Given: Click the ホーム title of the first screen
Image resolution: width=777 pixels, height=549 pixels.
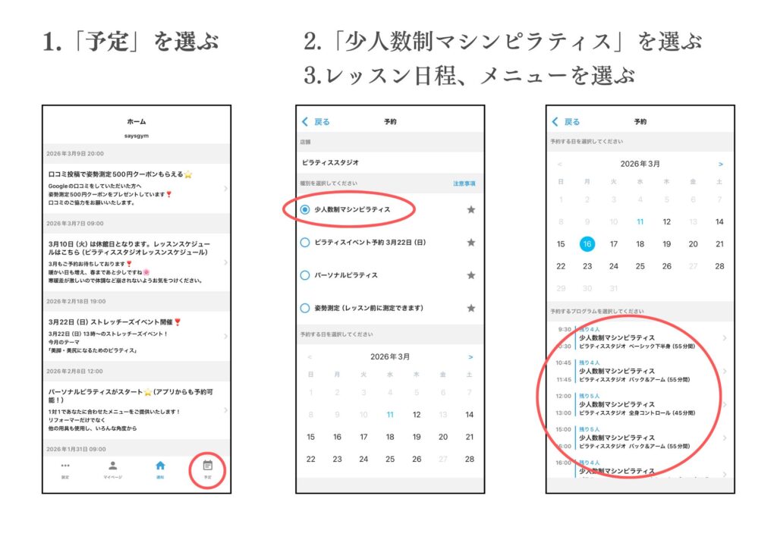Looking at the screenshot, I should coord(137,121).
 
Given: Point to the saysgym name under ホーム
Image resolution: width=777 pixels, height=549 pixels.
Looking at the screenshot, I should coord(137,136).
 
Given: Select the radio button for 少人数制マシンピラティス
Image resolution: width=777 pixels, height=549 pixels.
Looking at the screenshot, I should coord(305,209).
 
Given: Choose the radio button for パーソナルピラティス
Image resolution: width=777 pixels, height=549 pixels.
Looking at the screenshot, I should coord(305,275).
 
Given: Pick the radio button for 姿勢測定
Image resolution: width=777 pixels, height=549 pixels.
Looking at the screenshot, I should coord(305,308).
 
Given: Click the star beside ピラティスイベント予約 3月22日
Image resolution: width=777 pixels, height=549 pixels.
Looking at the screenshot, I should coord(470,243).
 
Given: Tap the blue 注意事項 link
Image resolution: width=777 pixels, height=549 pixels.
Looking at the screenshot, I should coord(464,184).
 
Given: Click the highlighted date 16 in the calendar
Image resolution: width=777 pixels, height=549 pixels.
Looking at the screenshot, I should coord(587,244).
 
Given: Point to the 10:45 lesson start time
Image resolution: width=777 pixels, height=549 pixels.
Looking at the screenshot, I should coord(564,362).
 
